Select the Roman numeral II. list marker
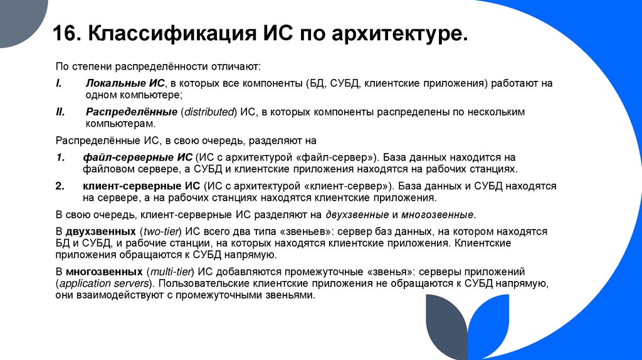click(60, 112)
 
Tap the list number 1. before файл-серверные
click(60, 157)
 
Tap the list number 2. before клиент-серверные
click(60, 186)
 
